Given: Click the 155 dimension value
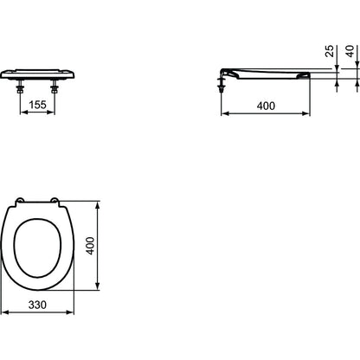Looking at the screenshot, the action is click(38, 105).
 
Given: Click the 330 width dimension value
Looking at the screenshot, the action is click(37, 305).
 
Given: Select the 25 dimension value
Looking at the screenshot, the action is click(330, 51).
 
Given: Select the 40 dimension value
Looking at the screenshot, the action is click(350, 51).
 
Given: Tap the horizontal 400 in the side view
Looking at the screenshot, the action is click(266, 106).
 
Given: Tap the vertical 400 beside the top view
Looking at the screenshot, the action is click(90, 246).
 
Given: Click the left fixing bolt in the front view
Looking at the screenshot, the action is click(20, 87).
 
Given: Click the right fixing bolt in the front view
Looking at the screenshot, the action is click(55, 87).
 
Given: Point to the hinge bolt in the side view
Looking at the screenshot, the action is click(222, 83).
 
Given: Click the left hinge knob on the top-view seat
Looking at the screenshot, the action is click(19, 200).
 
